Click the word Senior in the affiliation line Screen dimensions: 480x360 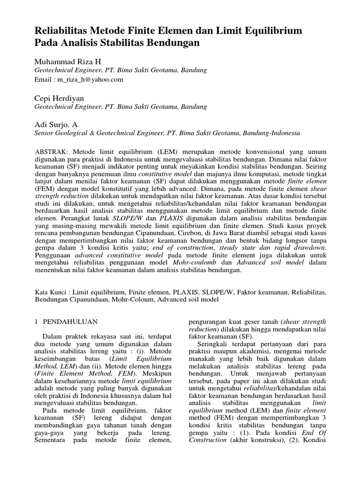(46, 133)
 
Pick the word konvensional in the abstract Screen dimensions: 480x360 (252, 152)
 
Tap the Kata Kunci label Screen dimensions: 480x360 (51, 291)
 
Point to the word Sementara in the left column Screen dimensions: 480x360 (53, 441)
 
